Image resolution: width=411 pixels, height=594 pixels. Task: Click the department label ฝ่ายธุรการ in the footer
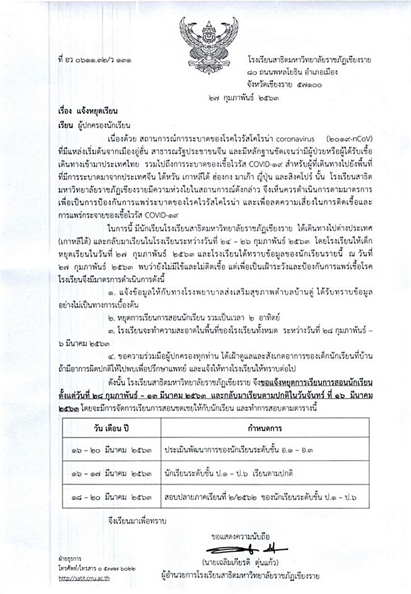pyautogui.click(x=69, y=561)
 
